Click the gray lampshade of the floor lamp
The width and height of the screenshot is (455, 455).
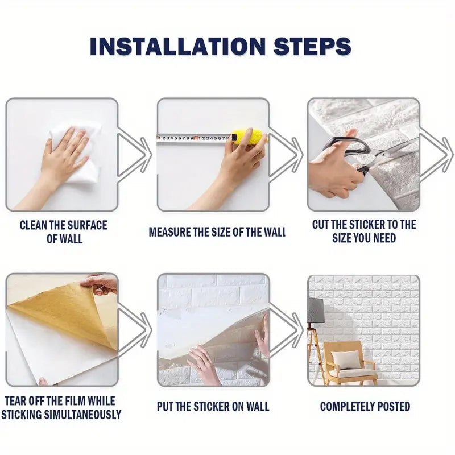(316, 311)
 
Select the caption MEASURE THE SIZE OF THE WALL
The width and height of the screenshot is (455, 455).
(217, 232)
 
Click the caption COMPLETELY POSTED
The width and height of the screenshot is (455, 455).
(365, 406)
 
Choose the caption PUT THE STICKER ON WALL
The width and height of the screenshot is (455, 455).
(213, 406)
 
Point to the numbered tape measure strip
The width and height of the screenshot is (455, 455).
(193, 138)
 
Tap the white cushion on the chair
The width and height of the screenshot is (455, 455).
(346, 359)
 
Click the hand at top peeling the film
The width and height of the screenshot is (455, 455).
(101, 283)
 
